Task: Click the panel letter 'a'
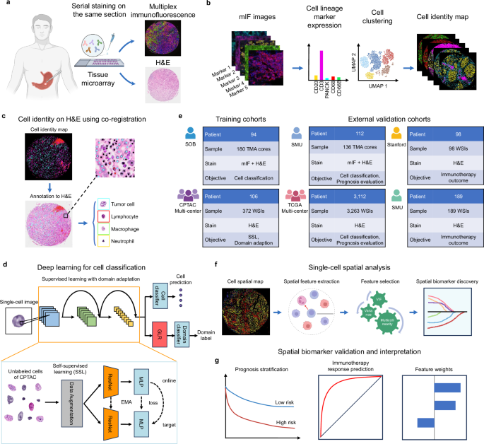5,6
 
